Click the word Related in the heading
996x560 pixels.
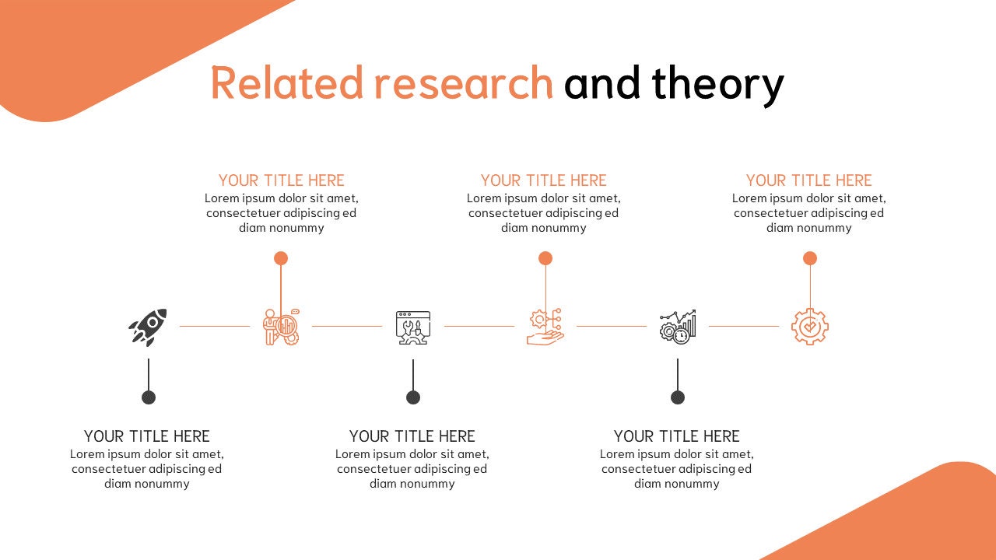click(x=287, y=83)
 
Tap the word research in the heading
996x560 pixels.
click(x=463, y=83)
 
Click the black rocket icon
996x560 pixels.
click(x=148, y=327)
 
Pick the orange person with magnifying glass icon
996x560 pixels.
click(x=281, y=327)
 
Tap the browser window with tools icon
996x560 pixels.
click(x=413, y=327)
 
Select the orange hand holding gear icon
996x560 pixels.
click(x=545, y=327)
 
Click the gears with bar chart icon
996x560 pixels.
click(x=678, y=327)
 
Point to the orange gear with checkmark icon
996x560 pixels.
click(x=810, y=327)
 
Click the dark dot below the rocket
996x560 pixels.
click(x=149, y=397)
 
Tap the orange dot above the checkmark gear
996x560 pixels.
click(x=810, y=258)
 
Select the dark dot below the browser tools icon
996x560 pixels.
click(x=413, y=397)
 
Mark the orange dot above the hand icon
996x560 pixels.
click(x=545, y=258)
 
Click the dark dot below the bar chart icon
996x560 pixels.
click(x=678, y=397)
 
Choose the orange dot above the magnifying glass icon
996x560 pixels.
click(x=281, y=258)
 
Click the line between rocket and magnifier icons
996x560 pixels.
click(x=215, y=326)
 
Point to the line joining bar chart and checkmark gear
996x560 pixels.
click(x=744, y=326)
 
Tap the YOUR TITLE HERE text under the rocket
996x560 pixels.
click(x=147, y=436)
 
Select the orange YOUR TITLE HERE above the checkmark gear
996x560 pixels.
click(x=809, y=180)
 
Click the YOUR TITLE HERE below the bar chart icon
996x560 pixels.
click(x=677, y=436)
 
